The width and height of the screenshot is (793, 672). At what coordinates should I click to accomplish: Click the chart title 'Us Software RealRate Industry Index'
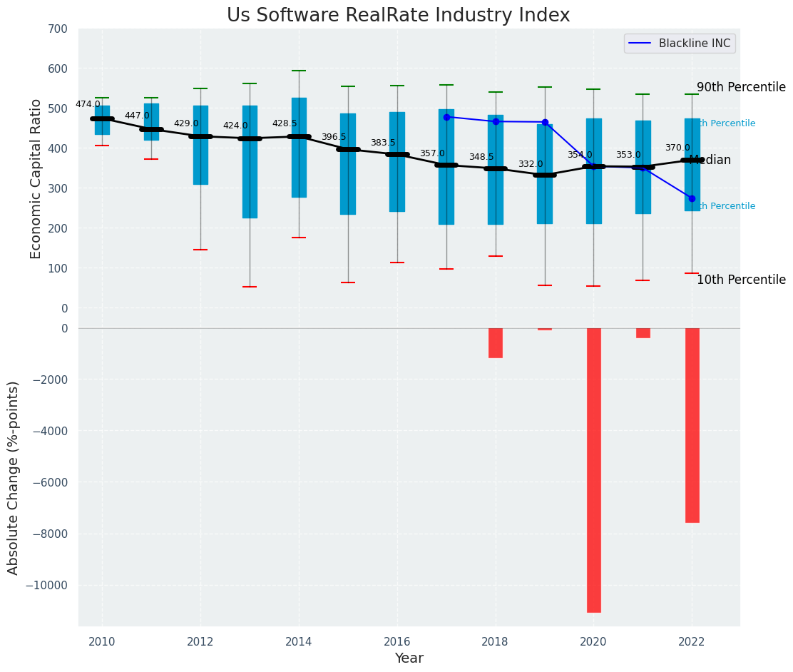pos(398,16)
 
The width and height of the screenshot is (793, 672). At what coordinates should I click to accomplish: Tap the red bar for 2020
pos(593,469)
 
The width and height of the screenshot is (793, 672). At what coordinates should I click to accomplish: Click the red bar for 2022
pos(692,425)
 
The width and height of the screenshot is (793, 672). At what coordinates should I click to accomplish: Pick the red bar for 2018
pos(495,342)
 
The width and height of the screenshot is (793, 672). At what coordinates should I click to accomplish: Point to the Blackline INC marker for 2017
pos(446,117)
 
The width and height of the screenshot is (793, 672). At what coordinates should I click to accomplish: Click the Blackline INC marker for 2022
pos(692,198)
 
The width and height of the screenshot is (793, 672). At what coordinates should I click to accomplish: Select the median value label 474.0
pos(88,104)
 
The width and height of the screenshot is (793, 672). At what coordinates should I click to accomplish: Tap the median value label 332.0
pos(531,164)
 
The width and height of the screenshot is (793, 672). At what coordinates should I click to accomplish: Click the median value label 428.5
pos(285,123)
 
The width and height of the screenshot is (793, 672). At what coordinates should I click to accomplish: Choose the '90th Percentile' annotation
pos(741,87)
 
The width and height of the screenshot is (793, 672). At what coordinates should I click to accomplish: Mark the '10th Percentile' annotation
pos(741,280)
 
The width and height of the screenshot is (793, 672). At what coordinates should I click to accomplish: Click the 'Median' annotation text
pos(710,161)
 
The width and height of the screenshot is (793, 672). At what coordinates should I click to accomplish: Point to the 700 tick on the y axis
pos(58,29)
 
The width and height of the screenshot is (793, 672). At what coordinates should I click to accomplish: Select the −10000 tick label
pos(48,585)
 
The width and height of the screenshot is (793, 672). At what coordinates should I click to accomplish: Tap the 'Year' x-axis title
pos(409,658)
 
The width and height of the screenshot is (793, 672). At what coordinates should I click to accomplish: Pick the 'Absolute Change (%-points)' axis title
pos(14,477)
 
